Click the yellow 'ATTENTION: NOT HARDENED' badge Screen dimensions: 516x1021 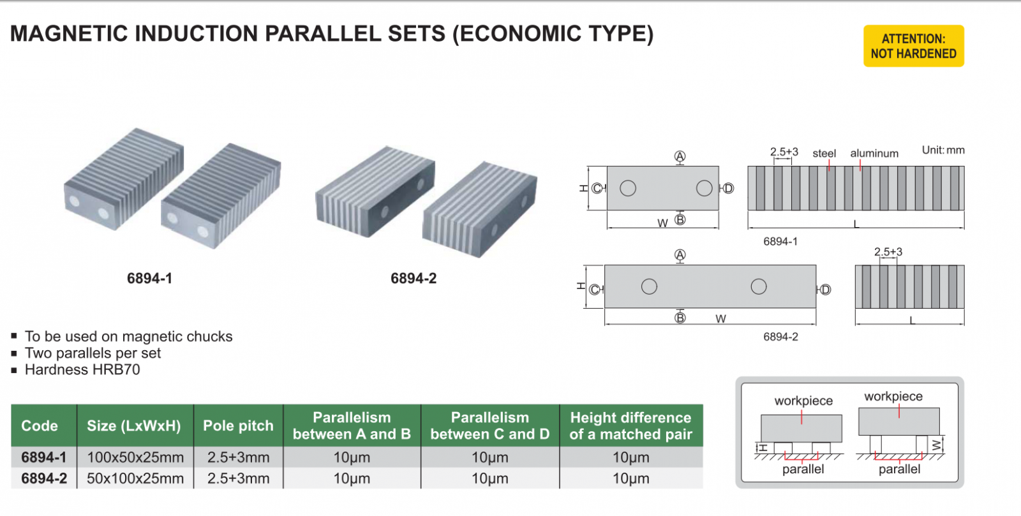click(913, 46)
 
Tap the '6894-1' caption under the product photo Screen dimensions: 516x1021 click(149, 278)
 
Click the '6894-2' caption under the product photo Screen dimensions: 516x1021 click(414, 278)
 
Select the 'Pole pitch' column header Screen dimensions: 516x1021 click(238, 425)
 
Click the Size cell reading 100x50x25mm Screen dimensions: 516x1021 click(135, 457)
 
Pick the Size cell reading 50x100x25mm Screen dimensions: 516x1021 click(135, 478)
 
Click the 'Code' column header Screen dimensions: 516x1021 click(40, 425)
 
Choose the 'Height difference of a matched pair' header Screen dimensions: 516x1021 click(630, 425)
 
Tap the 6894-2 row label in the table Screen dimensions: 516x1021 click(44, 478)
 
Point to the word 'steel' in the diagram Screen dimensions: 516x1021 click(824, 153)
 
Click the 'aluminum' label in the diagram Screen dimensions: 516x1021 click(874, 153)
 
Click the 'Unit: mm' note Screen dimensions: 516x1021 click(943, 150)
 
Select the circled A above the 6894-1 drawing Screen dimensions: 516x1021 click(680, 156)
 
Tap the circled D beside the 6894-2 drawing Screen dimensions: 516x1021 click(825, 290)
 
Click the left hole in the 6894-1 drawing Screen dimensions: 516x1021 click(628, 188)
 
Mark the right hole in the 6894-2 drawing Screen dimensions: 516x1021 click(759, 286)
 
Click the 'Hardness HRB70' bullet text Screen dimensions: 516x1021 click(82, 370)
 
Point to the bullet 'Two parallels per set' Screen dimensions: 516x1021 click(93, 353)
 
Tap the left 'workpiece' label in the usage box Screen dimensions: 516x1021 click(803, 401)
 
